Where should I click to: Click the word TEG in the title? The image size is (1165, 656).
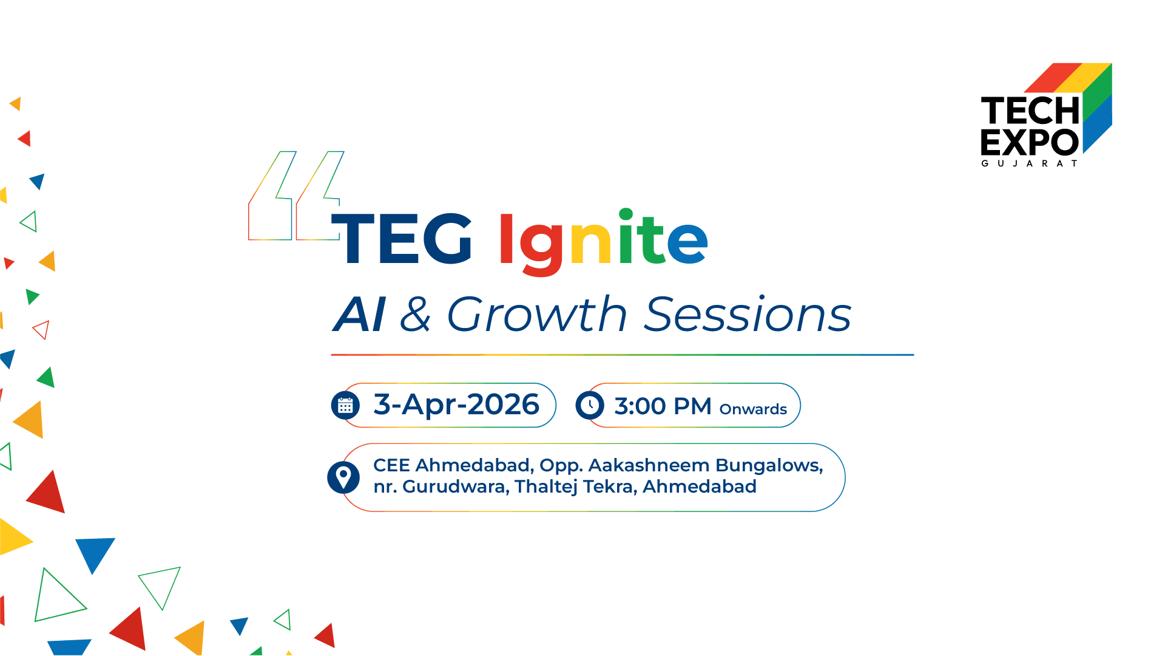pyautogui.click(x=401, y=238)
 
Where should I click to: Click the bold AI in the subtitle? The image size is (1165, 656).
pyautogui.click(x=359, y=315)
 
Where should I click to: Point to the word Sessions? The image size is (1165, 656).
pyautogui.click(x=748, y=315)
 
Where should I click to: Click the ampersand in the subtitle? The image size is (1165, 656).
pyautogui.click(x=416, y=315)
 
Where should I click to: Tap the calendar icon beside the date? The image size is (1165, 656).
pyautogui.click(x=345, y=405)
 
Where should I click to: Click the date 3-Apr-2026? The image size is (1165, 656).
pyautogui.click(x=456, y=405)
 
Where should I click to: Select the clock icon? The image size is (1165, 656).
pyautogui.click(x=590, y=405)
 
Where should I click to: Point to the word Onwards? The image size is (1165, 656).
pyautogui.click(x=753, y=409)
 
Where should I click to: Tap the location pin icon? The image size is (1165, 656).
pyautogui.click(x=343, y=477)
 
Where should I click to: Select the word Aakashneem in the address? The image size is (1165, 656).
pyautogui.click(x=649, y=465)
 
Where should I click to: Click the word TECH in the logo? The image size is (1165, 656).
pyautogui.click(x=1030, y=111)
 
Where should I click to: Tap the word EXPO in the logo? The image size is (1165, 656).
pyautogui.click(x=1030, y=143)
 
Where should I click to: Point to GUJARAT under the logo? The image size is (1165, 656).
pyautogui.click(x=1030, y=163)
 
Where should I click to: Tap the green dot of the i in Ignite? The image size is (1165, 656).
pyautogui.click(x=626, y=215)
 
